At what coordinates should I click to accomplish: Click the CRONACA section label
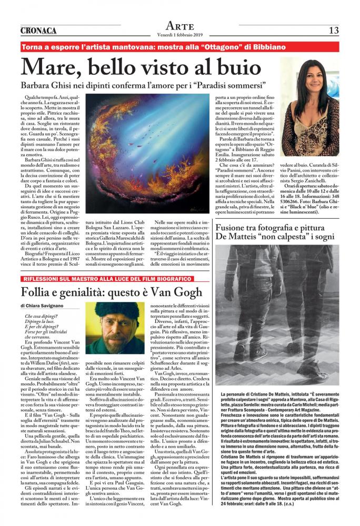pos(38,31)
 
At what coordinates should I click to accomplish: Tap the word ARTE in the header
pos(179,26)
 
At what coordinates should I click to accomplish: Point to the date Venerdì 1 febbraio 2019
pos(179,35)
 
